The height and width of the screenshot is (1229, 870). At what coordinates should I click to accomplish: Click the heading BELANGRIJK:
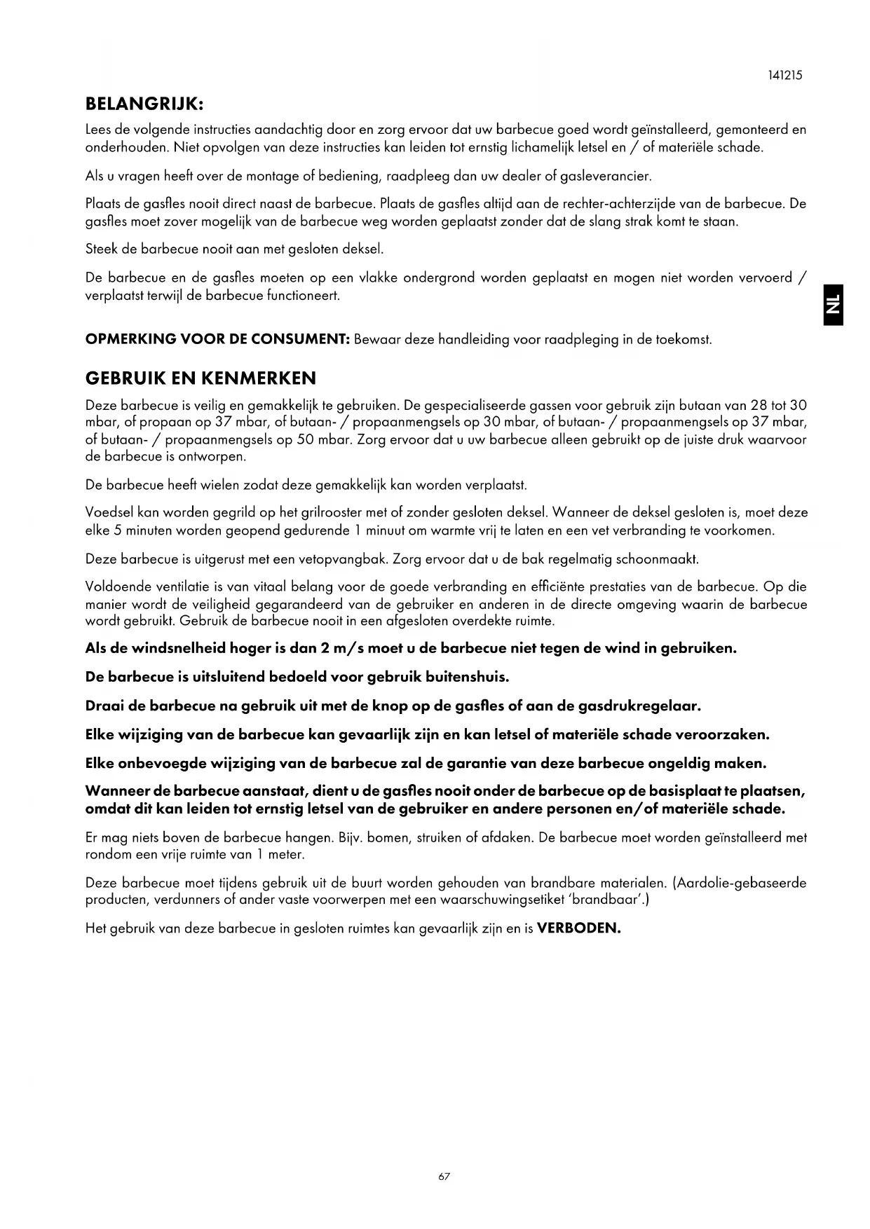144,104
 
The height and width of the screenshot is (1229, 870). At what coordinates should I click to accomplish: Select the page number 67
444,1176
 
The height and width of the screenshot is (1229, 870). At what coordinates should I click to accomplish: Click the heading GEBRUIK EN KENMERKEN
200,378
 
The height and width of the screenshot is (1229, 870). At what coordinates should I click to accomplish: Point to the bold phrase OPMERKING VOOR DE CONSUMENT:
217,340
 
